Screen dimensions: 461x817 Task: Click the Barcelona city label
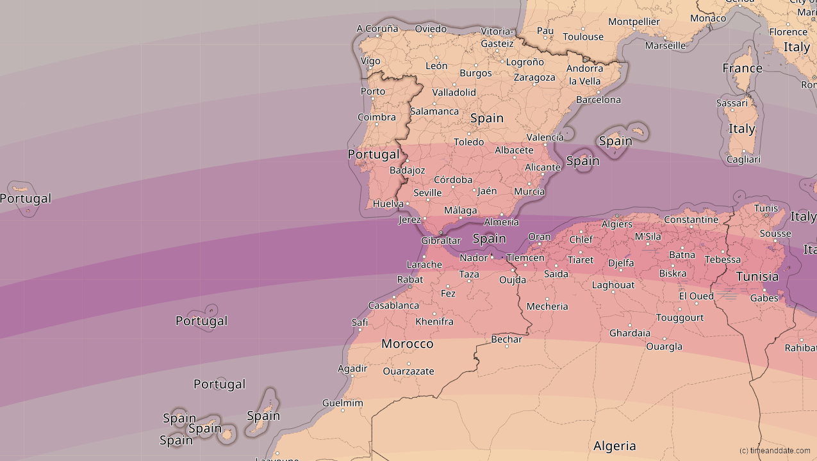598,100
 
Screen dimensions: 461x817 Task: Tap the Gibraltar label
441,241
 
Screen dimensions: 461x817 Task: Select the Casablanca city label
393,305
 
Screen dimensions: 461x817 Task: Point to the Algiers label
616,224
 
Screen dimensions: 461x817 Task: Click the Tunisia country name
757,277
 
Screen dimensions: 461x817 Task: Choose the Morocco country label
407,344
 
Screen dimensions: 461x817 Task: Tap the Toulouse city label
583,36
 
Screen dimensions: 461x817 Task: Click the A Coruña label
377,28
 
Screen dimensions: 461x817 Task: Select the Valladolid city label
454,92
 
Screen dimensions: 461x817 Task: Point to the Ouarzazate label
408,371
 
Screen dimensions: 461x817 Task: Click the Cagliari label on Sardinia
743,159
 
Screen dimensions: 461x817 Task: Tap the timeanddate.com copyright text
774,451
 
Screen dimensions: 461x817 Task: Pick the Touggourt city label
679,318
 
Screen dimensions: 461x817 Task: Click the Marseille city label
665,45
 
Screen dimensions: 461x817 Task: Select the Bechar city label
506,339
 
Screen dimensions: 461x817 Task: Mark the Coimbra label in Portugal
376,117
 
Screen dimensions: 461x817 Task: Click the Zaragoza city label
534,77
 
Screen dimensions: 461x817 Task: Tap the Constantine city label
691,220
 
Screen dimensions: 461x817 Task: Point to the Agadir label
352,368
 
